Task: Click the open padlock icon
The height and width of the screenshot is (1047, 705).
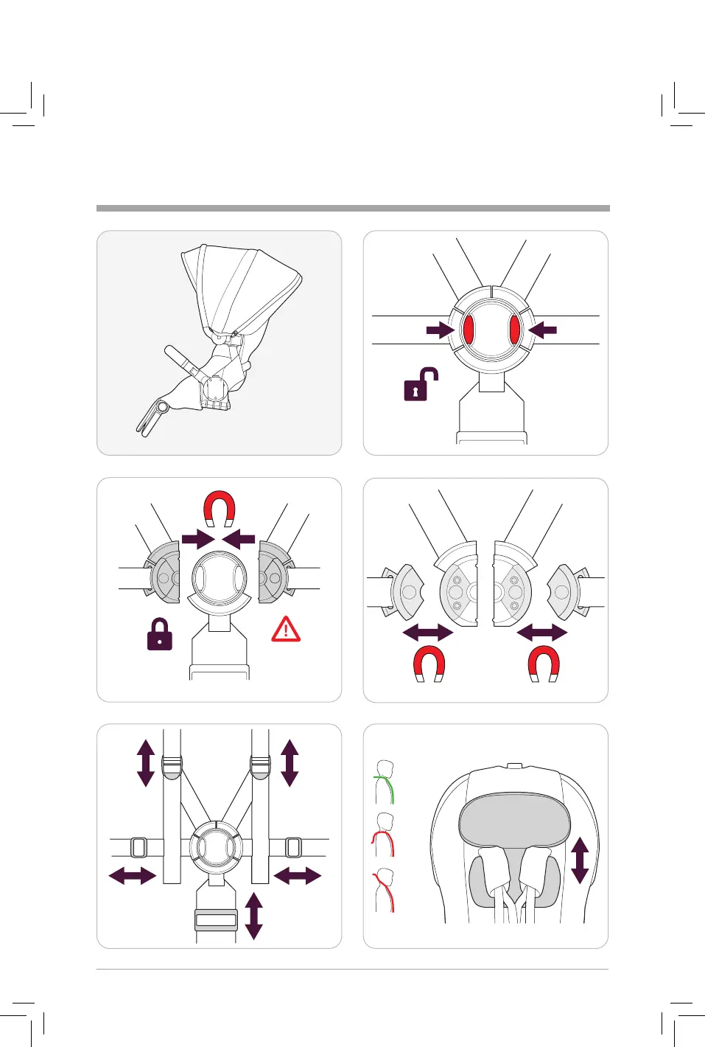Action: tap(421, 385)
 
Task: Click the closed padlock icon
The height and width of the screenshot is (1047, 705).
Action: tap(160, 634)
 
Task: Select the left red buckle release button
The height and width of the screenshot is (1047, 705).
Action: tap(468, 329)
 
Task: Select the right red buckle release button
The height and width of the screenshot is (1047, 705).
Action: tap(515, 329)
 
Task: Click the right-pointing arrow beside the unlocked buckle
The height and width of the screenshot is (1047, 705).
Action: tap(440, 330)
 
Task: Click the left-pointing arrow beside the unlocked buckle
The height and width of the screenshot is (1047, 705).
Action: tap(543, 330)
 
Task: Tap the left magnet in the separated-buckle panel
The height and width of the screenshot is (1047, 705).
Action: tap(429, 664)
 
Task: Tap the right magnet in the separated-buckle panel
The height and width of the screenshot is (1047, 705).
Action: tap(544, 664)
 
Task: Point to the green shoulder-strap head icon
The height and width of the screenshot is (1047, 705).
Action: tap(385, 782)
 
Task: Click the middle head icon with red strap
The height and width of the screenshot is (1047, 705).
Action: tap(384, 835)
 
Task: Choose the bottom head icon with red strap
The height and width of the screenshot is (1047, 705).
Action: tap(384, 891)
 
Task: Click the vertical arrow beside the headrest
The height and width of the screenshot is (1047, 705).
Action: tap(580, 860)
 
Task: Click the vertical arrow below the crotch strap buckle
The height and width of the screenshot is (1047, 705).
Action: tap(253, 915)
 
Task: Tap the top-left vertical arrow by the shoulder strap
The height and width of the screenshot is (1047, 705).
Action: tap(146, 763)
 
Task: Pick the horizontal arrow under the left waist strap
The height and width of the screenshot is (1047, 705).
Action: tap(133, 876)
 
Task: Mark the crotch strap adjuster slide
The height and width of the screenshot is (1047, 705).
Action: tap(216, 919)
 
